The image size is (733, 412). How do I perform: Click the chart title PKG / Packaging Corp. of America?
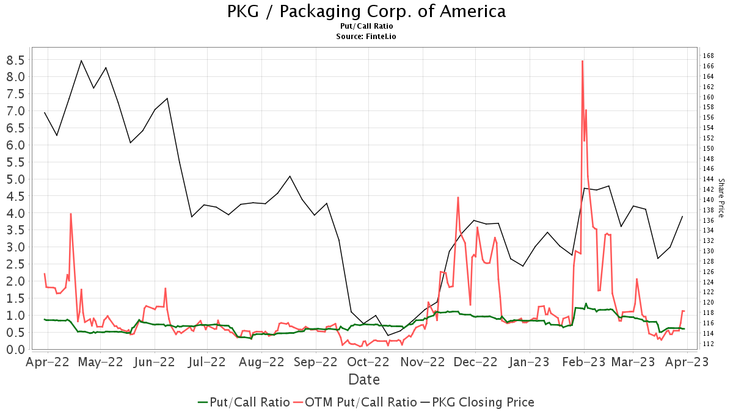click(366, 11)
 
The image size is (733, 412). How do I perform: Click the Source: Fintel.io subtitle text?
click(366, 37)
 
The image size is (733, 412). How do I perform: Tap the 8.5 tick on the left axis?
click(15, 60)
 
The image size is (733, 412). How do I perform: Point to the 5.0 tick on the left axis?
click(15, 179)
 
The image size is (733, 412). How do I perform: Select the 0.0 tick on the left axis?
click(15, 350)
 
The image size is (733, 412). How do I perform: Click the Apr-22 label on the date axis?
click(48, 363)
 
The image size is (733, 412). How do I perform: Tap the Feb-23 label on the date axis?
click(583, 363)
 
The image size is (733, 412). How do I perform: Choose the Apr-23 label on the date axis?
click(687, 363)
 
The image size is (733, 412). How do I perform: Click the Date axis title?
click(364, 380)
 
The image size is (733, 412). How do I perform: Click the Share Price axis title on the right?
click(721, 198)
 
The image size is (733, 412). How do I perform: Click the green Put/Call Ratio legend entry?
click(244, 402)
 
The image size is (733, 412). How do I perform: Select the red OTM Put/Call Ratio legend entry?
click(355, 402)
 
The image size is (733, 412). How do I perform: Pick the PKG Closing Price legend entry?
click(476, 402)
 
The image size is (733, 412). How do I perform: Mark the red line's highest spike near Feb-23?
click(582, 61)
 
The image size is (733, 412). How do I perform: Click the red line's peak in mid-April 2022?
click(71, 214)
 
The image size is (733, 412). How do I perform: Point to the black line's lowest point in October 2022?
click(388, 335)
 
